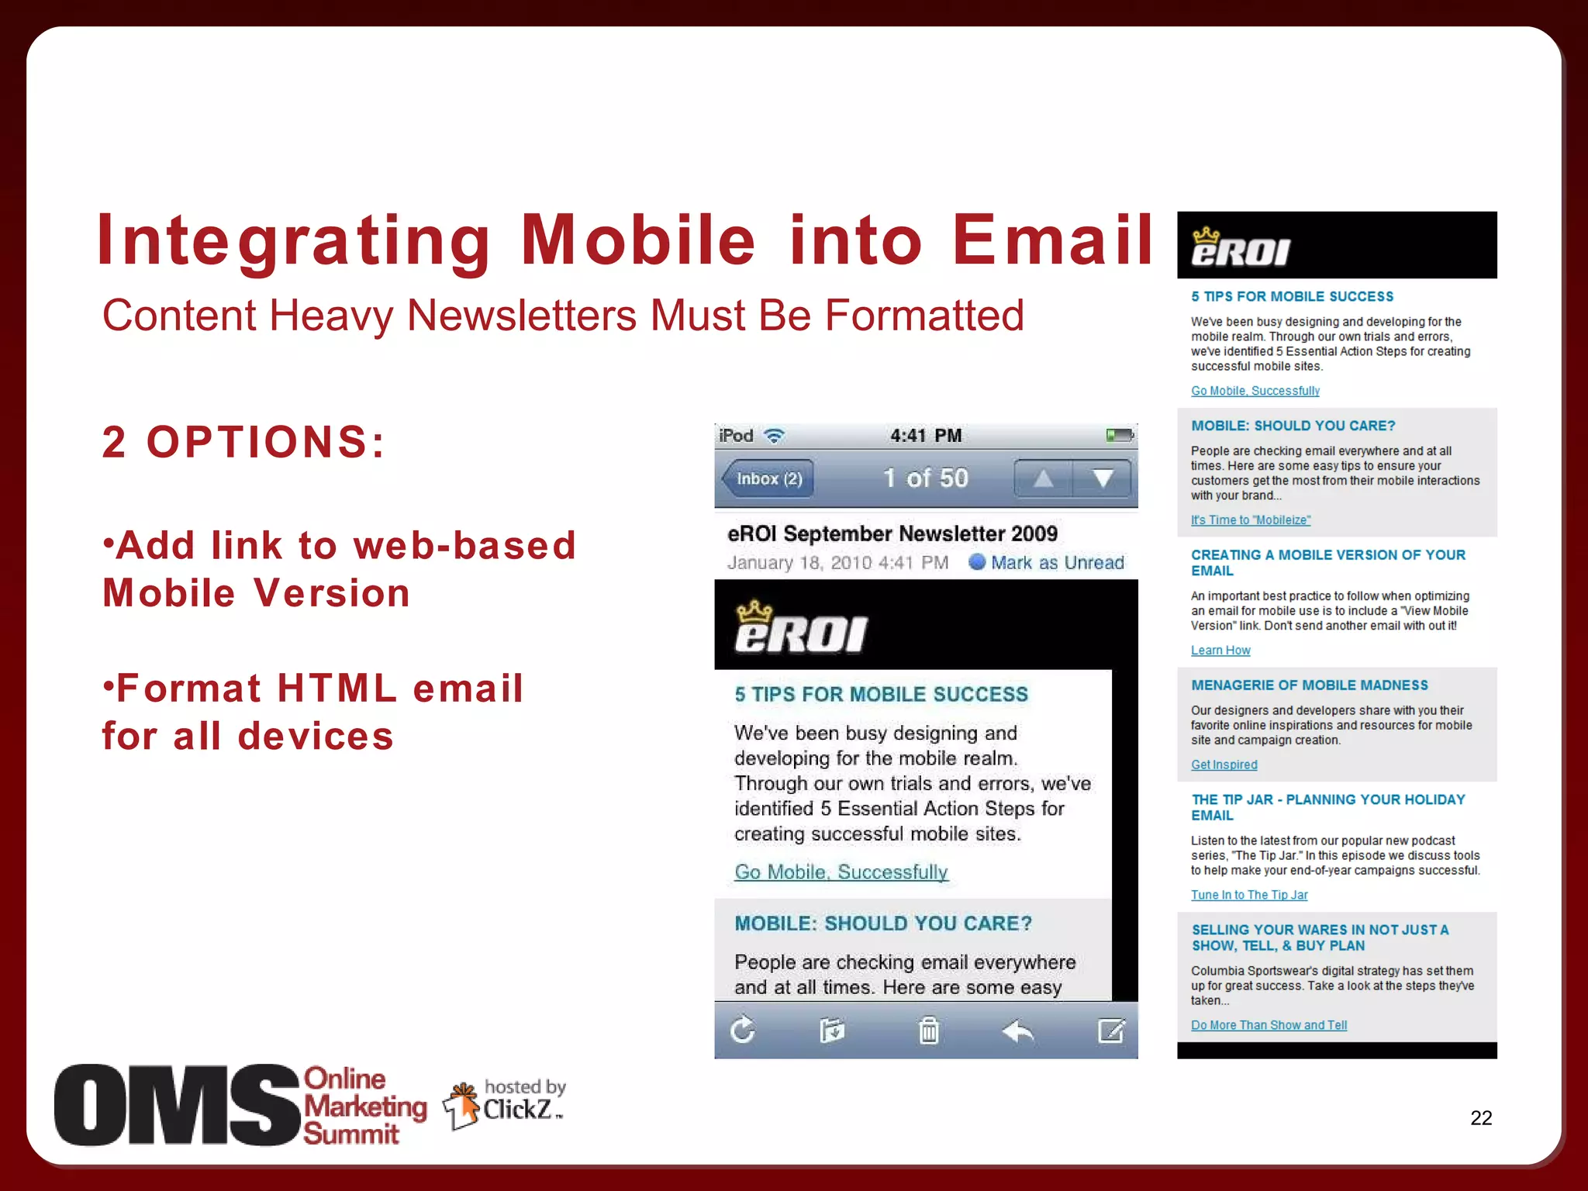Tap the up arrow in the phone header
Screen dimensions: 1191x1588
click(1043, 478)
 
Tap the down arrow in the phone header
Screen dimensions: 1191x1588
click(1102, 478)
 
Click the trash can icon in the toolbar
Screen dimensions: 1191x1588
click(928, 1030)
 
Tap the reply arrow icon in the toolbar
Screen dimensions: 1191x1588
click(1017, 1030)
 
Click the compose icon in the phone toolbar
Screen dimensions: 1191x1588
click(1110, 1030)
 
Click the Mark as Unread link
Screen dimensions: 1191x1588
click(1056, 562)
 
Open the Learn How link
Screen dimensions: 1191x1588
click(1220, 651)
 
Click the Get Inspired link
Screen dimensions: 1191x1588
click(1224, 765)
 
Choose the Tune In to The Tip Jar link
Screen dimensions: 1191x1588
click(1248, 895)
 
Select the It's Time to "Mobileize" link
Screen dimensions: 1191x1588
click(1250, 520)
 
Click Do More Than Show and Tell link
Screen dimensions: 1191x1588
click(1269, 1025)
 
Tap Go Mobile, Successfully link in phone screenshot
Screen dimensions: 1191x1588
click(841, 872)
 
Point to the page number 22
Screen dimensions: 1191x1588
click(1480, 1117)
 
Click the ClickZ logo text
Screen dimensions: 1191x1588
click(517, 1110)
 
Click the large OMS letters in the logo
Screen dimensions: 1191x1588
click(177, 1105)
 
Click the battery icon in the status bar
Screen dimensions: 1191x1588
click(1119, 435)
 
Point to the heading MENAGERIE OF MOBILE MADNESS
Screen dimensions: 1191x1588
click(1309, 685)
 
